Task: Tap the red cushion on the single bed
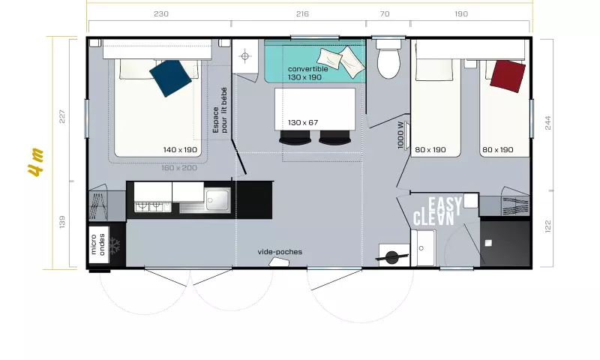[x=506, y=76]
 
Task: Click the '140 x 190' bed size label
[x=180, y=150]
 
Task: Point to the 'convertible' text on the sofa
[x=308, y=69]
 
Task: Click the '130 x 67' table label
[x=303, y=122]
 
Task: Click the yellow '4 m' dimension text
[x=35, y=161]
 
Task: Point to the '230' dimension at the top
[x=160, y=13]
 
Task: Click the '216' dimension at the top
[x=303, y=13]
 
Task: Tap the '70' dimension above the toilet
[x=385, y=13]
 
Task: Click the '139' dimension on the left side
[x=61, y=223]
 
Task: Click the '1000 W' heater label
[x=401, y=135]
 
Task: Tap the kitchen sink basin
[x=217, y=199]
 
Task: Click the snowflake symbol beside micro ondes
[x=115, y=245]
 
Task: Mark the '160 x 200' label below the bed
[x=179, y=167]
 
